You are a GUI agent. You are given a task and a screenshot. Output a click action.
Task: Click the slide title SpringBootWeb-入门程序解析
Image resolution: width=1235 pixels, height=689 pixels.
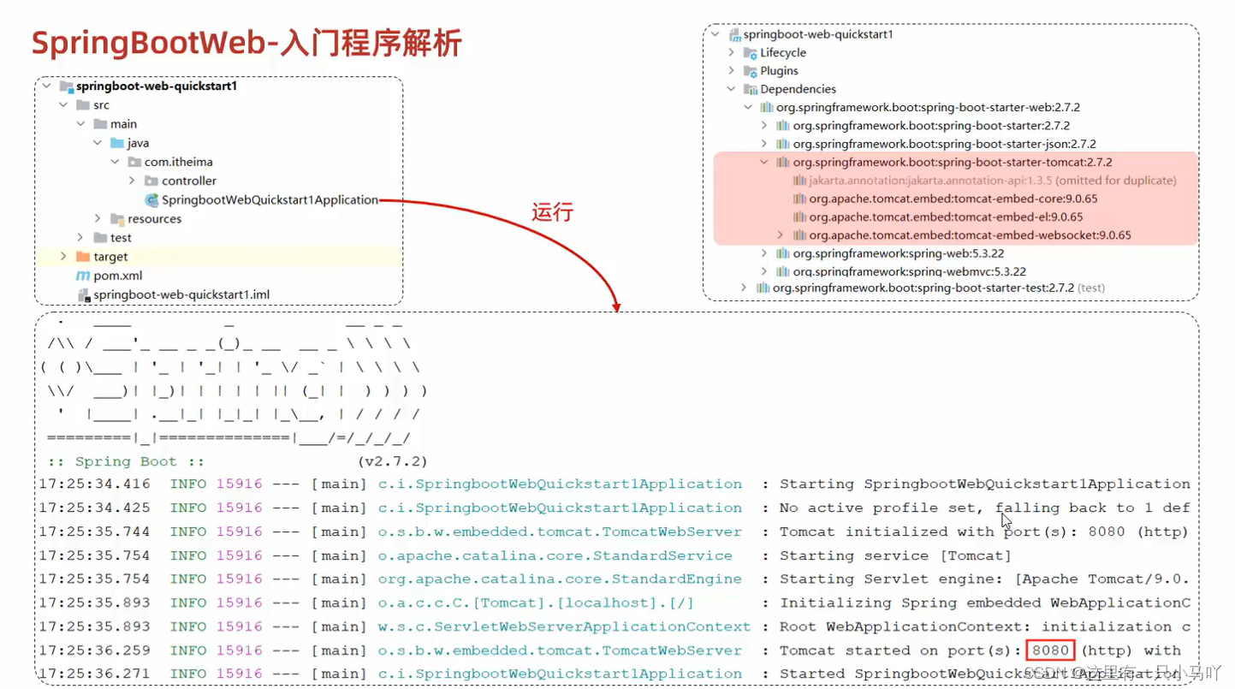(x=246, y=43)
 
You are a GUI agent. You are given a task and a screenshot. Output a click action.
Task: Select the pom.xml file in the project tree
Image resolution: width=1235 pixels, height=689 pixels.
(x=117, y=276)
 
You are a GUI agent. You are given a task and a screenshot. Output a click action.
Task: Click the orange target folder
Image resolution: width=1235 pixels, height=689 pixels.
(x=110, y=257)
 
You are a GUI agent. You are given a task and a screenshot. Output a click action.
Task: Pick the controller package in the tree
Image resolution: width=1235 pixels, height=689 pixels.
(x=188, y=181)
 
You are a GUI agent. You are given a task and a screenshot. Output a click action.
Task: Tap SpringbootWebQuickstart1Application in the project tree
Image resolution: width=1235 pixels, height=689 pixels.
(x=269, y=200)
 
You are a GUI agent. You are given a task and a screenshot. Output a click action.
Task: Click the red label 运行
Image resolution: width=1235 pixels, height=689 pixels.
(x=552, y=213)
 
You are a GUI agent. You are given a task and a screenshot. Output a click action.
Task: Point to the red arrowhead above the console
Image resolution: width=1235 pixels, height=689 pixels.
(x=615, y=306)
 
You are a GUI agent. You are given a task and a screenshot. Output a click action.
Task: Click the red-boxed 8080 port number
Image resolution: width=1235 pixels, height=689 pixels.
(x=1050, y=650)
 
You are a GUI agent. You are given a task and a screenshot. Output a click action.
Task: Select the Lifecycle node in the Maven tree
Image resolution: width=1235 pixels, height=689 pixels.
(x=782, y=53)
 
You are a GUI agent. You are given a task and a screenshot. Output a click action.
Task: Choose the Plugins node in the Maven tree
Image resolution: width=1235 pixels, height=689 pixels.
(x=779, y=71)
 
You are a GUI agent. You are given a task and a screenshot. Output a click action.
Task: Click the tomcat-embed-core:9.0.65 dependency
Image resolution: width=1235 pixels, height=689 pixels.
(x=953, y=199)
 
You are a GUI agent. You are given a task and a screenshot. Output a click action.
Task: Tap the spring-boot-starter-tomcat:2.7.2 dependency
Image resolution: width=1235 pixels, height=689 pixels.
(x=952, y=162)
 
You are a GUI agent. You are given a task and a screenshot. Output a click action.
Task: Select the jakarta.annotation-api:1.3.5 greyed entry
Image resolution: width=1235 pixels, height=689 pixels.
(x=992, y=181)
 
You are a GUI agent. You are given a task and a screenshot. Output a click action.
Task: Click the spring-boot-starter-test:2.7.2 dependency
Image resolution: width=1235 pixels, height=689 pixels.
(x=923, y=288)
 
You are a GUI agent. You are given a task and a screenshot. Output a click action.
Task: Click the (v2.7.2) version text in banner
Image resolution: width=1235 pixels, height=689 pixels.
(x=393, y=461)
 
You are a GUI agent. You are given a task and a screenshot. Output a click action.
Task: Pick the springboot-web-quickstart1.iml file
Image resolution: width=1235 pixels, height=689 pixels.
(x=181, y=294)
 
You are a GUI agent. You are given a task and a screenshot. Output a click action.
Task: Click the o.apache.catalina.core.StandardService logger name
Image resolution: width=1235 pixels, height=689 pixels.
(x=555, y=555)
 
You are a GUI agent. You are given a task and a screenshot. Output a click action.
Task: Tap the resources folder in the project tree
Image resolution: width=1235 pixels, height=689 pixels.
(x=154, y=219)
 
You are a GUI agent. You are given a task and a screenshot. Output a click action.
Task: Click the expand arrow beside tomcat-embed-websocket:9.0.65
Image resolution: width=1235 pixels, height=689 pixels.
(x=781, y=235)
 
